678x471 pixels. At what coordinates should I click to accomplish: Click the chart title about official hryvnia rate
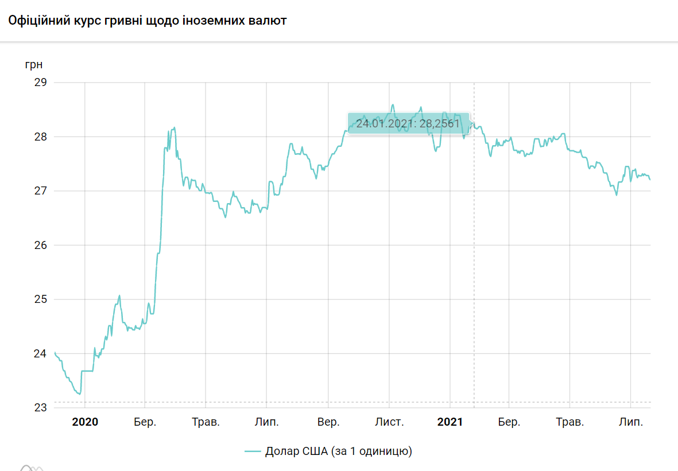point(147,21)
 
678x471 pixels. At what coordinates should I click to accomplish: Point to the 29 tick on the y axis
point(40,83)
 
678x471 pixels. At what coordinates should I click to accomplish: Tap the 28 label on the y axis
point(40,137)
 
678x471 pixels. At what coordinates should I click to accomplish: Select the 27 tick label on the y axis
point(40,191)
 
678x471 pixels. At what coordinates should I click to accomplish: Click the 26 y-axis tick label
point(40,245)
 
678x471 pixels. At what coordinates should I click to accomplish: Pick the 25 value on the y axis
point(40,299)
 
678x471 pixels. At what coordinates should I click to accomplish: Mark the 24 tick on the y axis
point(40,353)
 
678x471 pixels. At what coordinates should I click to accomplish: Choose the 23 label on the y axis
point(40,407)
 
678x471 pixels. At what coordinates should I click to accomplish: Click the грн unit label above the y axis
point(33,64)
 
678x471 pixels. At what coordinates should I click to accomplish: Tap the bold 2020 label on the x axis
point(85,422)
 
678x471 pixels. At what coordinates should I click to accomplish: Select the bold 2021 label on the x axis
point(450,422)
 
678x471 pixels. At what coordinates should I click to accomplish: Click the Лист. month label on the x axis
point(389,422)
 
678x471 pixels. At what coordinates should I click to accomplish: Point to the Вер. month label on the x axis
point(328,422)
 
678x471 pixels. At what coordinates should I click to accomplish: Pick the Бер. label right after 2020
point(145,422)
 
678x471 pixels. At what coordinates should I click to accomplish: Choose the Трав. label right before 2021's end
point(570,422)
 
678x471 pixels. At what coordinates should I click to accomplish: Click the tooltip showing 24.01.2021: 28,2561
point(408,123)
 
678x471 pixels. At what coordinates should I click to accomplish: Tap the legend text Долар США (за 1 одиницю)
point(339,451)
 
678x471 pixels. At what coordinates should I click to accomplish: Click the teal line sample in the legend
point(253,451)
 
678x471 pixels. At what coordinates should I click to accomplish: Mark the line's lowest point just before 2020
point(79,394)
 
